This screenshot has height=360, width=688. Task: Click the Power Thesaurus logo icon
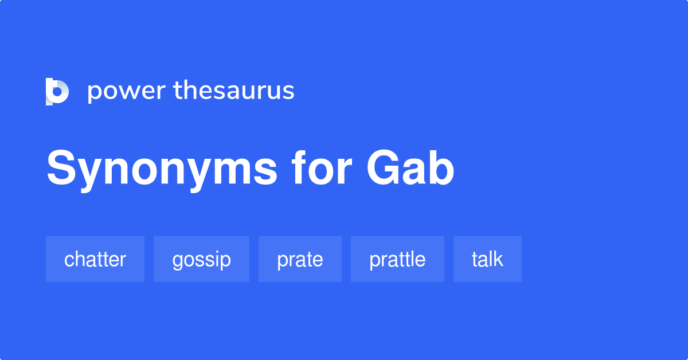click(x=57, y=92)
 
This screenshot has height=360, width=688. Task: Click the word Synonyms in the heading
click(x=163, y=170)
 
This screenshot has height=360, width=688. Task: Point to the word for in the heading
click(x=321, y=170)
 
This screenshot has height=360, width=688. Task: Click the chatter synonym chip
click(x=95, y=259)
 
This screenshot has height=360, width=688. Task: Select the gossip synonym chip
click(x=201, y=259)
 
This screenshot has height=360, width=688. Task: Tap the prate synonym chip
click(x=300, y=259)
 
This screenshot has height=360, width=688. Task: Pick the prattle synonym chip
click(x=397, y=259)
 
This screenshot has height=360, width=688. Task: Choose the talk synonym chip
click(x=487, y=259)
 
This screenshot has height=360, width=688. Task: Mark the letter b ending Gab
click(x=442, y=170)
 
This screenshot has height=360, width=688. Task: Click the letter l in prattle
click(x=413, y=259)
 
